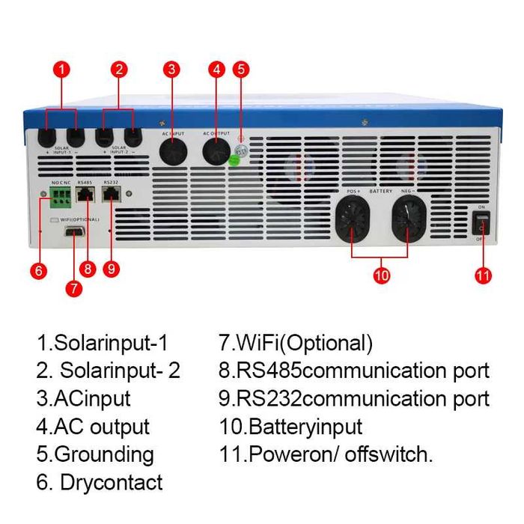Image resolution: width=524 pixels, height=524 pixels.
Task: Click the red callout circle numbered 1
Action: coord(63,70)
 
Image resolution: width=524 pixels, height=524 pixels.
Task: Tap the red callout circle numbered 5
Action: coord(240,70)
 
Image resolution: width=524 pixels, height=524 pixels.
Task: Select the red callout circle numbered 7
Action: coord(73,288)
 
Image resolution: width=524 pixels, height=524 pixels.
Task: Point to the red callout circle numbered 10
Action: coord(382,275)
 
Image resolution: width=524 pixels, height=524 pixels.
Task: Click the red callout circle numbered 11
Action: coord(484,275)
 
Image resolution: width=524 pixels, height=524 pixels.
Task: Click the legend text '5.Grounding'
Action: coord(95,454)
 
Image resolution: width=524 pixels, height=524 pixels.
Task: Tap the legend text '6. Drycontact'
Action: coord(100,481)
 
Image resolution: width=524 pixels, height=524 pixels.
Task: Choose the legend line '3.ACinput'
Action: coord(83,398)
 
